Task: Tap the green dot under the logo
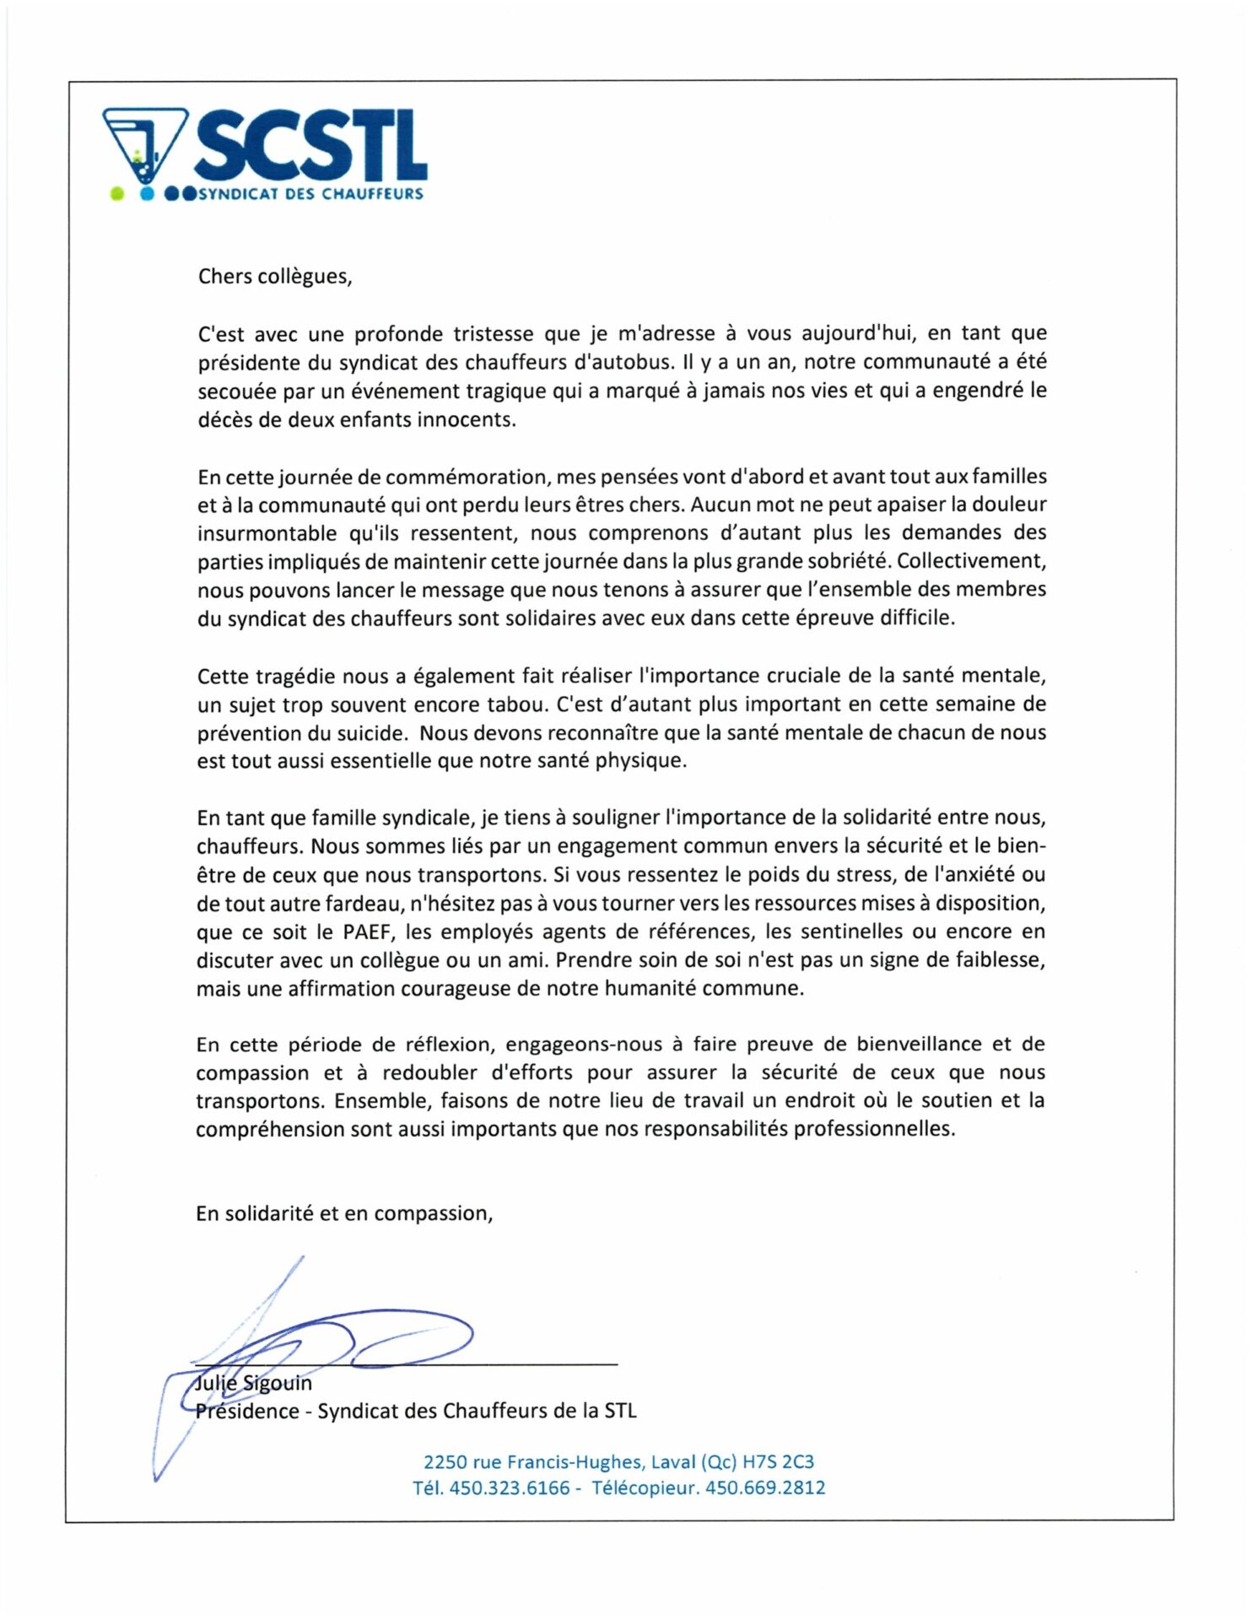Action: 117,194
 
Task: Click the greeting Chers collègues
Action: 274,277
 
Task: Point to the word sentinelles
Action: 853,931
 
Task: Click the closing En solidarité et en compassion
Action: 343,1213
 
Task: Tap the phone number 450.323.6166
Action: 510,1488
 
